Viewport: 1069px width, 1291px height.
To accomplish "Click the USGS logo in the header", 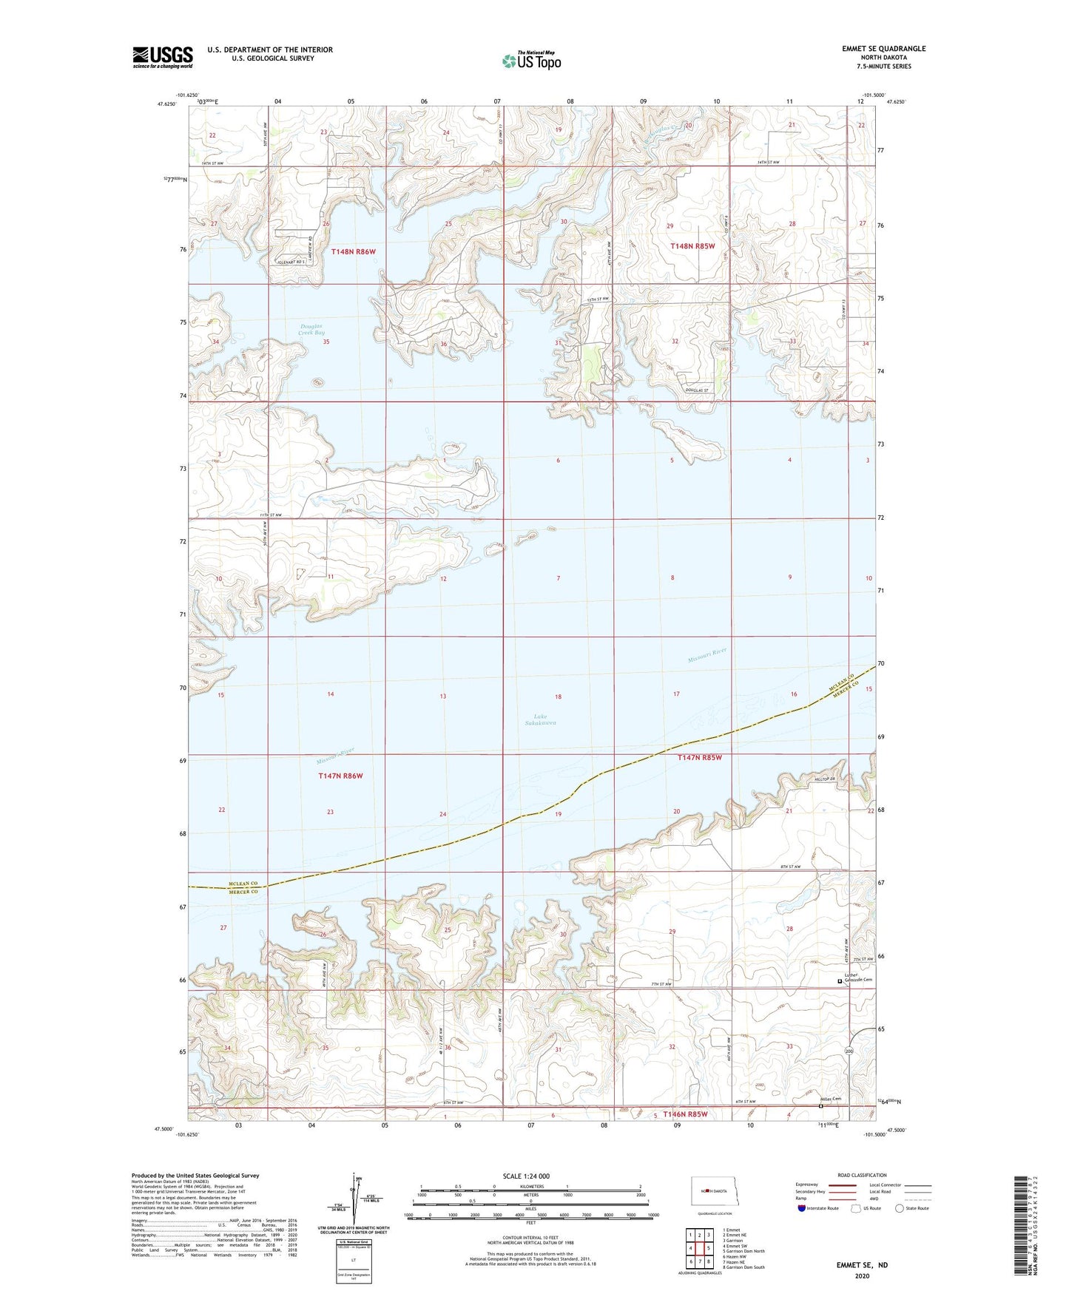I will tap(162, 57).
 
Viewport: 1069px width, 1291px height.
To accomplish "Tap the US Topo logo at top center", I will tap(531, 61).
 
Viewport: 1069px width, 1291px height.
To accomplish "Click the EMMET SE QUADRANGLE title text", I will tap(883, 49).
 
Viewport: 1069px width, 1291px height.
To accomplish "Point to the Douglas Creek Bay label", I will tap(311, 330).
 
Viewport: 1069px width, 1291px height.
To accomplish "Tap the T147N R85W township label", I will tap(699, 757).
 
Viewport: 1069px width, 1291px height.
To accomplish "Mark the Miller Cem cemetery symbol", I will tap(820, 1107).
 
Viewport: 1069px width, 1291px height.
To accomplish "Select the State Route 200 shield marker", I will tap(849, 1051).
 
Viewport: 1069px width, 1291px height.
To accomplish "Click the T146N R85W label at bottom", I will tap(685, 1114).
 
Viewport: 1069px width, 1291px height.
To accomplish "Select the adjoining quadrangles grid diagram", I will tap(699, 1249).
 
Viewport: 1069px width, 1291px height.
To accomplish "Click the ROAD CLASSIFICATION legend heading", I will tap(862, 1175).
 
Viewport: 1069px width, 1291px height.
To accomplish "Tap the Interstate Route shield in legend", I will tap(802, 1208).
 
